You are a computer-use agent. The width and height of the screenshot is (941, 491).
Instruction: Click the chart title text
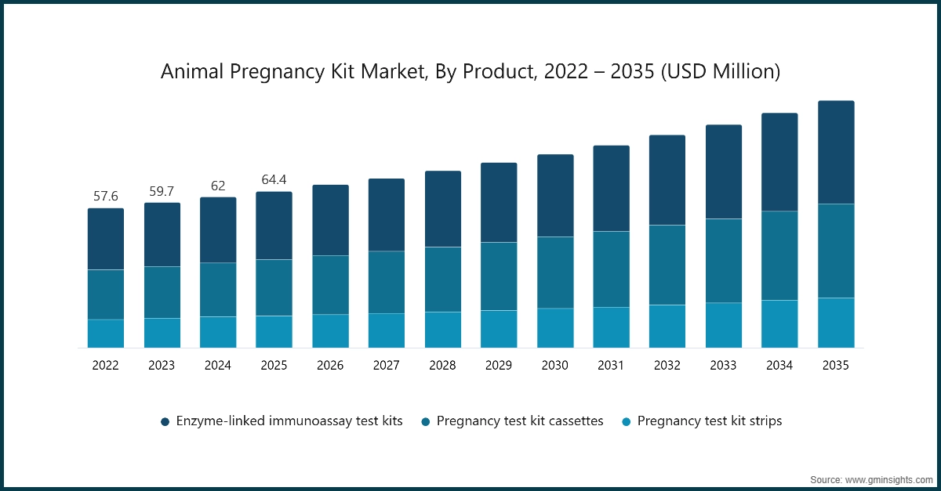coord(470,72)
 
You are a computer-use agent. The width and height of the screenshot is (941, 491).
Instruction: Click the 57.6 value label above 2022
coord(105,196)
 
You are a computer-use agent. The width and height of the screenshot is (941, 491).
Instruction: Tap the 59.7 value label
coord(162,191)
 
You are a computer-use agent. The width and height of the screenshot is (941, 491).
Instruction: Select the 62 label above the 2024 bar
coord(218,186)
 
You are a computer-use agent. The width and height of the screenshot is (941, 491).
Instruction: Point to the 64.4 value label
coord(274,180)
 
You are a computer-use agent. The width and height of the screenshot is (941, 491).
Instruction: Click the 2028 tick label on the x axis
coord(442,365)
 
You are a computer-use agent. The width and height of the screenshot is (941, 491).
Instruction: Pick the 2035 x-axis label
coord(836,365)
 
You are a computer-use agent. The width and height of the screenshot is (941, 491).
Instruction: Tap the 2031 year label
coord(611,365)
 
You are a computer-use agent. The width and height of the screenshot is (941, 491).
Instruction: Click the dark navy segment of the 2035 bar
coord(836,153)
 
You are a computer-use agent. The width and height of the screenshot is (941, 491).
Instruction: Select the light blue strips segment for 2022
coord(105,333)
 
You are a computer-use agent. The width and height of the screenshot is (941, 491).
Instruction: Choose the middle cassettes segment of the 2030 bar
coord(555,273)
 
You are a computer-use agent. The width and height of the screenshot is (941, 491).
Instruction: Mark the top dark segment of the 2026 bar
coord(330,220)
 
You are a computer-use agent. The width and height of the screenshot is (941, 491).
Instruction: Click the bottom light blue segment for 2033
coord(724,325)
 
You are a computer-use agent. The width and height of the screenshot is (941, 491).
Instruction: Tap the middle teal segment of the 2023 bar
coord(162,292)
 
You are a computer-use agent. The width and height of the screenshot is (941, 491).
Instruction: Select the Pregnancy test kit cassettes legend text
coord(520,421)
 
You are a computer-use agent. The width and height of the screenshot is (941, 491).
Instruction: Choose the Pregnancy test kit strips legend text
coord(709,421)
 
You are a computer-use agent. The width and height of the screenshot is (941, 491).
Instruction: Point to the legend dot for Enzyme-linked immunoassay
coord(165,422)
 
